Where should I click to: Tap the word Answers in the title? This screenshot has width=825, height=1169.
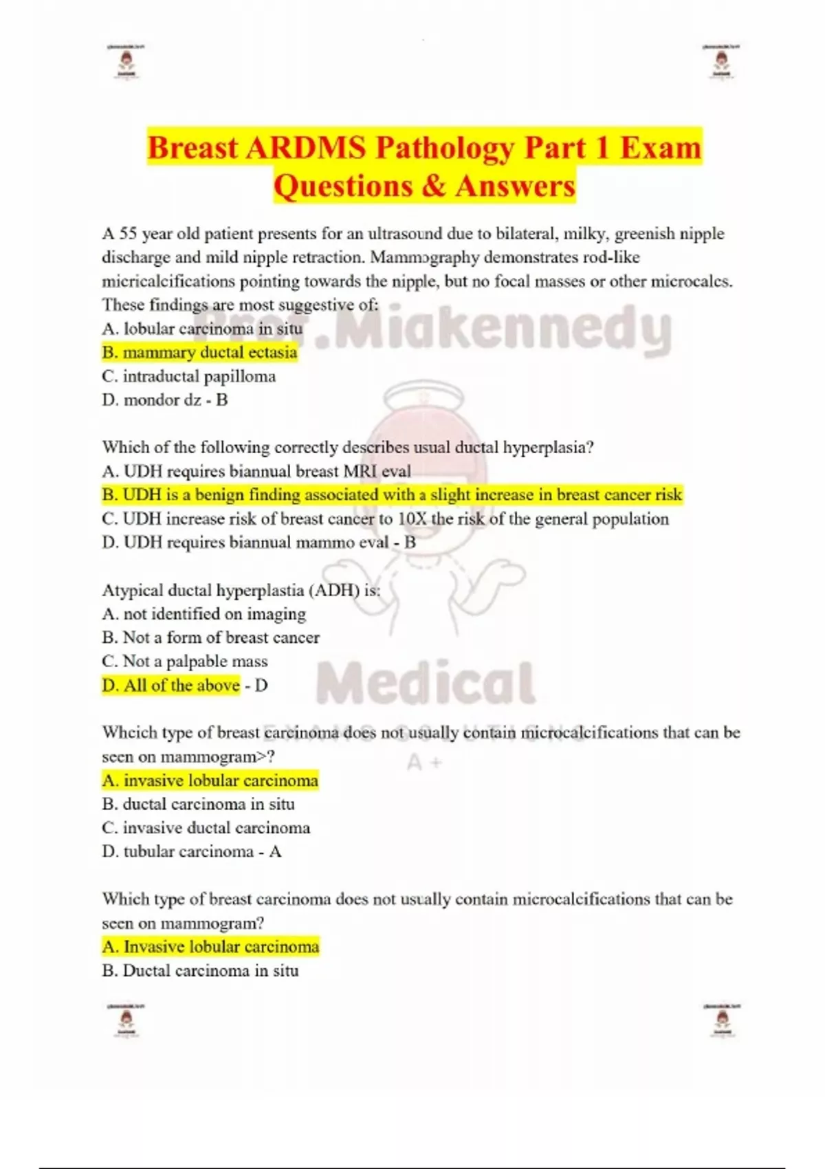[515, 186]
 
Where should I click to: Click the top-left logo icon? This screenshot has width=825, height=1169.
[126, 63]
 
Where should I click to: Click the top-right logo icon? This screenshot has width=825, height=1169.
[721, 63]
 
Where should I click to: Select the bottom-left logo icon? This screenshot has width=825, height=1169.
[126, 1020]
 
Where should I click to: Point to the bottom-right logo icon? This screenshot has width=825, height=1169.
[721, 1020]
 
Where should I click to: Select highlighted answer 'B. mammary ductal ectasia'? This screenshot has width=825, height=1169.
[199, 353]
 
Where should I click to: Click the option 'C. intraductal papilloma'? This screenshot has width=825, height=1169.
[189, 376]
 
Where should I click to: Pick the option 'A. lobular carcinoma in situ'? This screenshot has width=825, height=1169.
[202, 329]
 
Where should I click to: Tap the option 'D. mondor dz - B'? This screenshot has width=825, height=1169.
[165, 400]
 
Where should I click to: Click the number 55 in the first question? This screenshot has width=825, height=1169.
[129, 234]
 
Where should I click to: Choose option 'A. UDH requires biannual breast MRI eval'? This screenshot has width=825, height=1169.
[256, 471]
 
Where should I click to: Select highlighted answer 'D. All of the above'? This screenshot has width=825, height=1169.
[171, 685]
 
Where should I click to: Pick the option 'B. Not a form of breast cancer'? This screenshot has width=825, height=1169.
[211, 637]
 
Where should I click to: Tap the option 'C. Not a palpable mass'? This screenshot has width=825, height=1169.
[185, 661]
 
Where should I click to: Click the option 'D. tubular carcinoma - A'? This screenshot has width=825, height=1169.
[192, 851]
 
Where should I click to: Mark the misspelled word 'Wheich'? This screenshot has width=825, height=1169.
[124, 732]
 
